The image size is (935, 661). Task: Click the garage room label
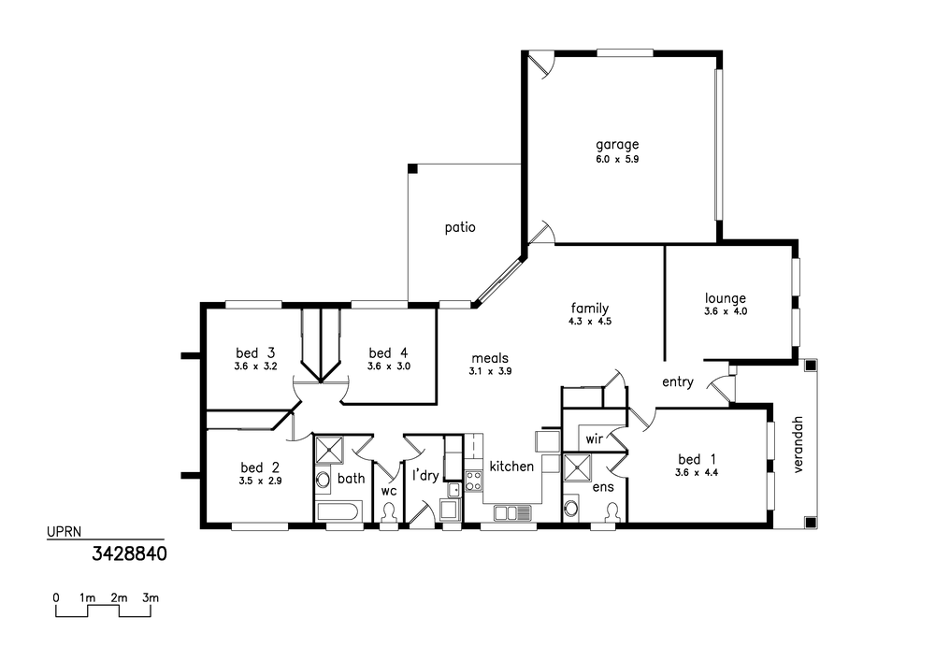[x=617, y=145]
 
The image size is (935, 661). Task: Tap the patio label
[x=460, y=227]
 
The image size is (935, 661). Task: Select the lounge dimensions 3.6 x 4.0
[x=726, y=311]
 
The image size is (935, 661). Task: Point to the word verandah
[x=799, y=445]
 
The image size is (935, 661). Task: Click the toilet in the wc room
[x=389, y=514]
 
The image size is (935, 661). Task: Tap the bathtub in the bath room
[x=338, y=511]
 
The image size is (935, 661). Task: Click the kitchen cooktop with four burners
[x=474, y=481]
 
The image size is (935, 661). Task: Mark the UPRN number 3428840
[x=129, y=554]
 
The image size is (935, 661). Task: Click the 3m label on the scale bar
[x=151, y=597]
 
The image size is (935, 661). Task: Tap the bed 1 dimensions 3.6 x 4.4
[x=697, y=473]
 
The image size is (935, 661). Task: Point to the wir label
[x=594, y=439]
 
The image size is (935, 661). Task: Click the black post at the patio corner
[x=412, y=168]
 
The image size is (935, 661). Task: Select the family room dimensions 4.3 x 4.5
[x=590, y=322]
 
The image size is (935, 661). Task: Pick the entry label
[x=678, y=382]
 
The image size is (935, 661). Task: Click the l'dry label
[x=425, y=475]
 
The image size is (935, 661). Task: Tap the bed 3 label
[x=255, y=352]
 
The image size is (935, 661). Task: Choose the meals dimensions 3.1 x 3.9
[x=490, y=371]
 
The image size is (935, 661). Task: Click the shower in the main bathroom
[x=330, y=450]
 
